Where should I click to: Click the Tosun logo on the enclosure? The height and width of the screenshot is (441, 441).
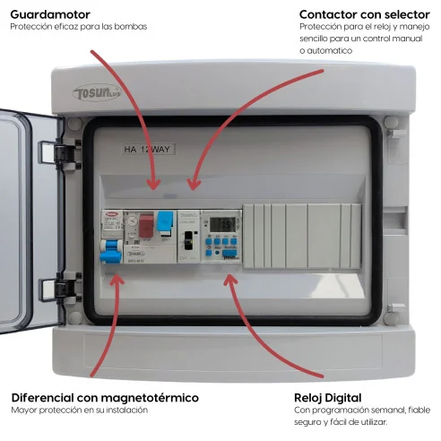pyautogui.click(x=96, y=93)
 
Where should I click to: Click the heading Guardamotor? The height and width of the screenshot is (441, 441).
pyautogui.click(x=51, y=13)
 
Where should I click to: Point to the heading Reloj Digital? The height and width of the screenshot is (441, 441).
pyautogui.click(x=327, y=397)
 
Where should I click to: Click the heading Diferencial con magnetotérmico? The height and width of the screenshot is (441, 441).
pyautogui.click(x=105, y=397)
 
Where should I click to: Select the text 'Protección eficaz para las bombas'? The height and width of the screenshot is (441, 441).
pyautogui.click(x=78, y=27)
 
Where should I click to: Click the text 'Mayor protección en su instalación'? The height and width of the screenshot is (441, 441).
pyautogui.click(x=79, y=411)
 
